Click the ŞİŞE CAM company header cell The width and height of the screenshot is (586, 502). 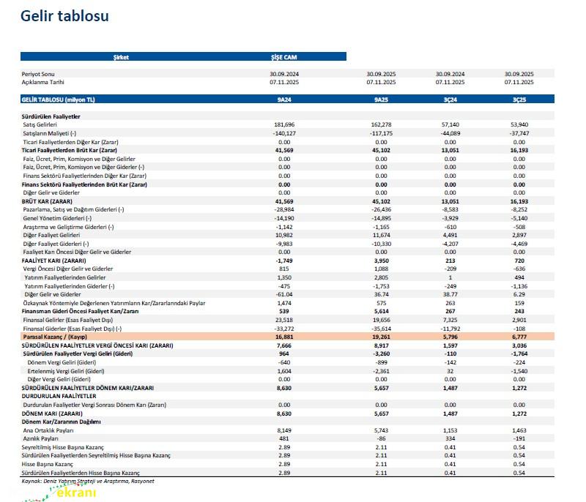pyautogui.click(x=284, y=56)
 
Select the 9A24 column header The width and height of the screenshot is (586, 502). pyautogui.click(x=284, y=98)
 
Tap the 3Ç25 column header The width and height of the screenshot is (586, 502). pyautogui.click(x=519, y=98)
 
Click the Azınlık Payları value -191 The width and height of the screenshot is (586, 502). pyautogui.click(x=519, y=438)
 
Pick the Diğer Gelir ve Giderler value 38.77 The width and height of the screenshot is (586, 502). pyautogui.click(x=450, y=293)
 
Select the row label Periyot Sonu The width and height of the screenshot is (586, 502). pyautogui.click(x=38, y=74)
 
